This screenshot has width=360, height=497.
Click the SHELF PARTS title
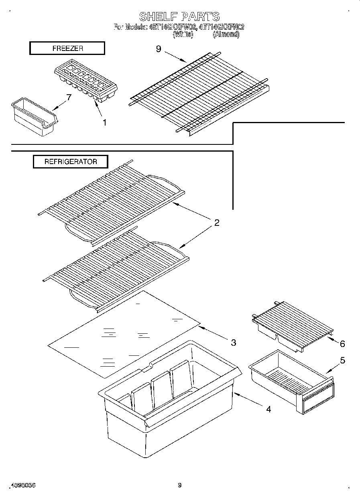coord(179,16)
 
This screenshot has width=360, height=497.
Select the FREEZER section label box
coord(67,48)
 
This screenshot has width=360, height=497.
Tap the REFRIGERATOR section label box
coord(70,162)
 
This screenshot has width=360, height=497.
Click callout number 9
coord(158,49)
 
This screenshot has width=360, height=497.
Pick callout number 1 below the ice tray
coord(104,123)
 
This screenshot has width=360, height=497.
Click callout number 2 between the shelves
coord(216,223)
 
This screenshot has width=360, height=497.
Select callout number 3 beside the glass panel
coord(233,342)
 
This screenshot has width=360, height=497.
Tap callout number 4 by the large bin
coord(268,409)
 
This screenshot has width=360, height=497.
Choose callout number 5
coord(342,360)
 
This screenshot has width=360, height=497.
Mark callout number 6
coord(342,344)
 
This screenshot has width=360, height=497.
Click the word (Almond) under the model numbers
coord(226,35)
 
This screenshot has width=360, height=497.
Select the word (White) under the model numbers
coord(183,35)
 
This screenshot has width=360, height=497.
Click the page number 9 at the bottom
coord(180,485)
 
